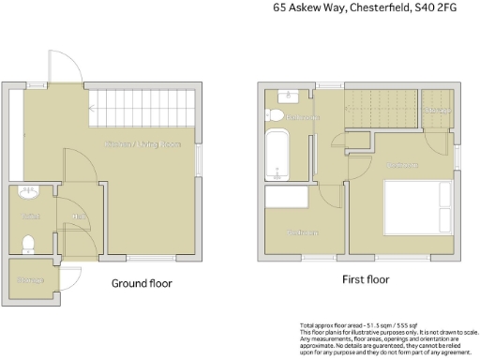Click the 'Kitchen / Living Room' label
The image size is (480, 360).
click(142, 143)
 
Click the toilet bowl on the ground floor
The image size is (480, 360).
click(28, 245)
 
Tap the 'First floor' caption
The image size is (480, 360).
click(365, 279)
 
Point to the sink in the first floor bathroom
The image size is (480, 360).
click(285, 94)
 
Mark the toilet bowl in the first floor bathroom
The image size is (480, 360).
click(275, 115)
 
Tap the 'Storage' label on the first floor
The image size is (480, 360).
click(439, 111)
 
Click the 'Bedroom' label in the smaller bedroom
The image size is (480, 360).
click(302, 232)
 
